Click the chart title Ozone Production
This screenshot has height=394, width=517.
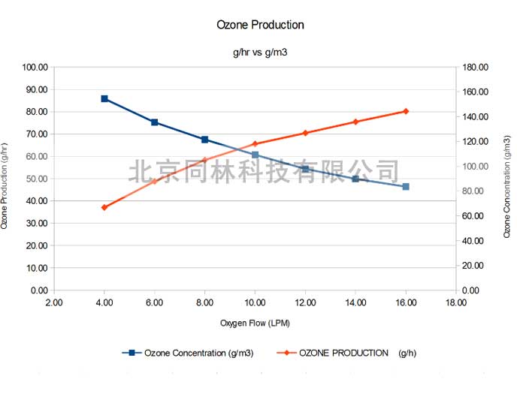pos(260,25)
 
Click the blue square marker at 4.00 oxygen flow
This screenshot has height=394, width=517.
pos(104,98)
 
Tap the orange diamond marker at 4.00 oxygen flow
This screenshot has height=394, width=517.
pos(104,207)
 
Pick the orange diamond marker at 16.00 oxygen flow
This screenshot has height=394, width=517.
pos(406,111)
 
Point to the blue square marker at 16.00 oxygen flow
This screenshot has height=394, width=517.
pos(406,186)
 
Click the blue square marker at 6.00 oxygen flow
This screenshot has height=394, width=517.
pos(155,122)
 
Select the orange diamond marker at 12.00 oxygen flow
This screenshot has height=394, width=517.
pos(305,133)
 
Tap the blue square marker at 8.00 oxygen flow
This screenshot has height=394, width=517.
pos(204,140)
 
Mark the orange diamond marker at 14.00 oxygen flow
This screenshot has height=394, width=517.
pos(355,122)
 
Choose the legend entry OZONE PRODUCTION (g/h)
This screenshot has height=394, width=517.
pos(354,353)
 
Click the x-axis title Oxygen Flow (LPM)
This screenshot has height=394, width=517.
pos(255,323)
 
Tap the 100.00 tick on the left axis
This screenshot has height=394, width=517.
pos(35,68)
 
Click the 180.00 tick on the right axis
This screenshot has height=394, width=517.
pos(476,68)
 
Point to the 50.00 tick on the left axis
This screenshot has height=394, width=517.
pos(37,179)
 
